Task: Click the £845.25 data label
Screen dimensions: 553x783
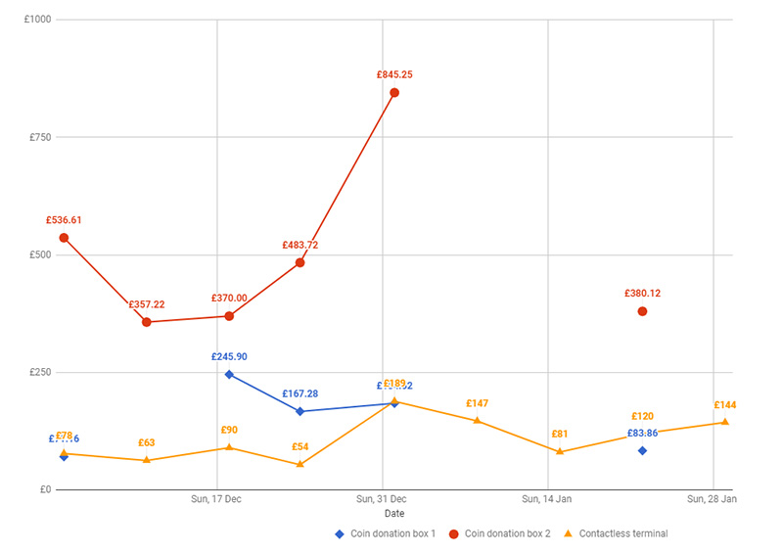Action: coord(394,74)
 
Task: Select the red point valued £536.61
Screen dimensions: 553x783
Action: coord(64,238)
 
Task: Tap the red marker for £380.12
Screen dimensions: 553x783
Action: coord(642,311)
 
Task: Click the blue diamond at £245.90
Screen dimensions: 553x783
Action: coord(229,374)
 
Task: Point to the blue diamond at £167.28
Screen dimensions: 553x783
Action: coord(299,411)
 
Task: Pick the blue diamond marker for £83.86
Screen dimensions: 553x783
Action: coord(642,450)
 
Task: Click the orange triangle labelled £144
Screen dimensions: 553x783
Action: coord(725,422)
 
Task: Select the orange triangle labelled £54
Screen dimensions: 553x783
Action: coord(299,464)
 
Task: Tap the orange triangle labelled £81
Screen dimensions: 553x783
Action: coord(560,451)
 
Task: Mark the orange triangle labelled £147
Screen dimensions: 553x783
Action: coord(477,421)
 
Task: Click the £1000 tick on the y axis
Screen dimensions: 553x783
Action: coord(38,20)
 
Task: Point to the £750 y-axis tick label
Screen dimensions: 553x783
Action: coord(40,137)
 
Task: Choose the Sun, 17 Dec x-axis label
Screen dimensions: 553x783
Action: coord(216,499)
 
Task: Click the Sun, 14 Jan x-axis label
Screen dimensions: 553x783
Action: coord(546,499)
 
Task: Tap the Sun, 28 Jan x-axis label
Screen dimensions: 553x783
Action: coord(712,499)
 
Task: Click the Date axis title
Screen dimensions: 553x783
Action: coord(393,513)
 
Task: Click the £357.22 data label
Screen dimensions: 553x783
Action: coord(147,304)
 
